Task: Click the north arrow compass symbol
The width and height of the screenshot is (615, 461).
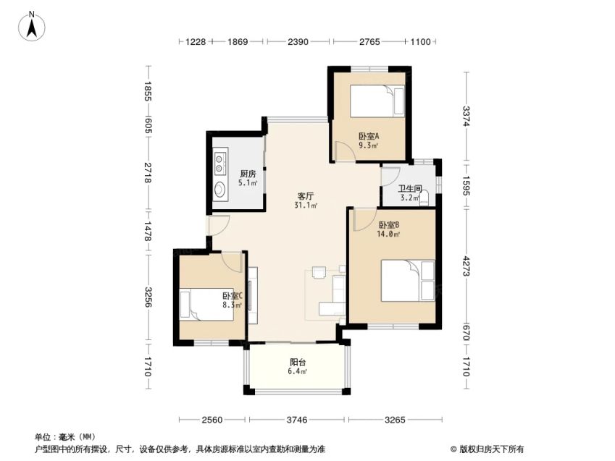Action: click(x=32, y=26)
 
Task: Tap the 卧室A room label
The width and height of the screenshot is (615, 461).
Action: click(x=369, y=136)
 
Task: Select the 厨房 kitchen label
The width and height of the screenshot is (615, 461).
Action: click(x=248, y=174)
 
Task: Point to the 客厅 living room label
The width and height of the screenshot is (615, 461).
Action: click(x=306, y=196)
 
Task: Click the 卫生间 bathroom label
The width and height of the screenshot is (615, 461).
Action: click(x=410, y=189)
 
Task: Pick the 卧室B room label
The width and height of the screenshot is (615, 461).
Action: click(x=389, y=225)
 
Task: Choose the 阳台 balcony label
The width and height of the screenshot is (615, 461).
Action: click(x=298, y=363)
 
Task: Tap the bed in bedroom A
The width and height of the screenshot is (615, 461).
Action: click(x=377, y=101)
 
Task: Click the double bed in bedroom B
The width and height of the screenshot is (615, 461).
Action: click(x=408, y=281)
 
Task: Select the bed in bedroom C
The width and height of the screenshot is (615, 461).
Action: click(x=206, y=305)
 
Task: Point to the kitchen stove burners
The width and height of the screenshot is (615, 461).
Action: click(x=220, y=163)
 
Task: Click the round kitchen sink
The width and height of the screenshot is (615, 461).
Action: click(x=219, y=190)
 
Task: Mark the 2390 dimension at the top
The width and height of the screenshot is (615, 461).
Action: click(x=298, y=41)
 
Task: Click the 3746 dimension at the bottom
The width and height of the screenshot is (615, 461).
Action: click(x=297, y=420)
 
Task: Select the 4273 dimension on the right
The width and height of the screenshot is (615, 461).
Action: click(x=466, y=266)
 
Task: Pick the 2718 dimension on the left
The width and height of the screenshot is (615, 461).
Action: click(x=148, y=172)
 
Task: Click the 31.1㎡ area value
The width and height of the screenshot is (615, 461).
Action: click(x=306, y=205)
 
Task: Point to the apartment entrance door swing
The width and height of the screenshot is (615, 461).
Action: click(x=218, y=225)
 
